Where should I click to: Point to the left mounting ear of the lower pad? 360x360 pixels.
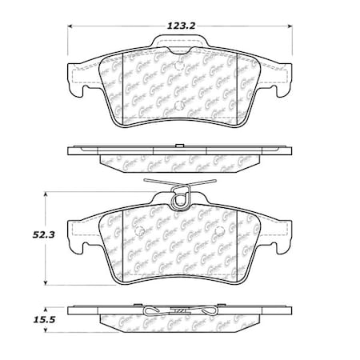point(78,241)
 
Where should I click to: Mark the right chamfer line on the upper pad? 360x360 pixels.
point(258,88)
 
